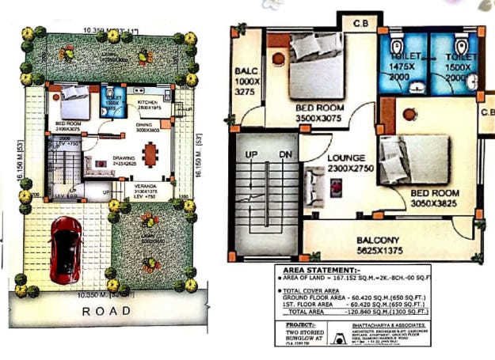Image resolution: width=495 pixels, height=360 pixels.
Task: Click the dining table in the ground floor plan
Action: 150,152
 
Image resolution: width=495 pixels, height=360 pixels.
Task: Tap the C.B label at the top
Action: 364,21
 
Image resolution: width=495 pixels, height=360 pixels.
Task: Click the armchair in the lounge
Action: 314,187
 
